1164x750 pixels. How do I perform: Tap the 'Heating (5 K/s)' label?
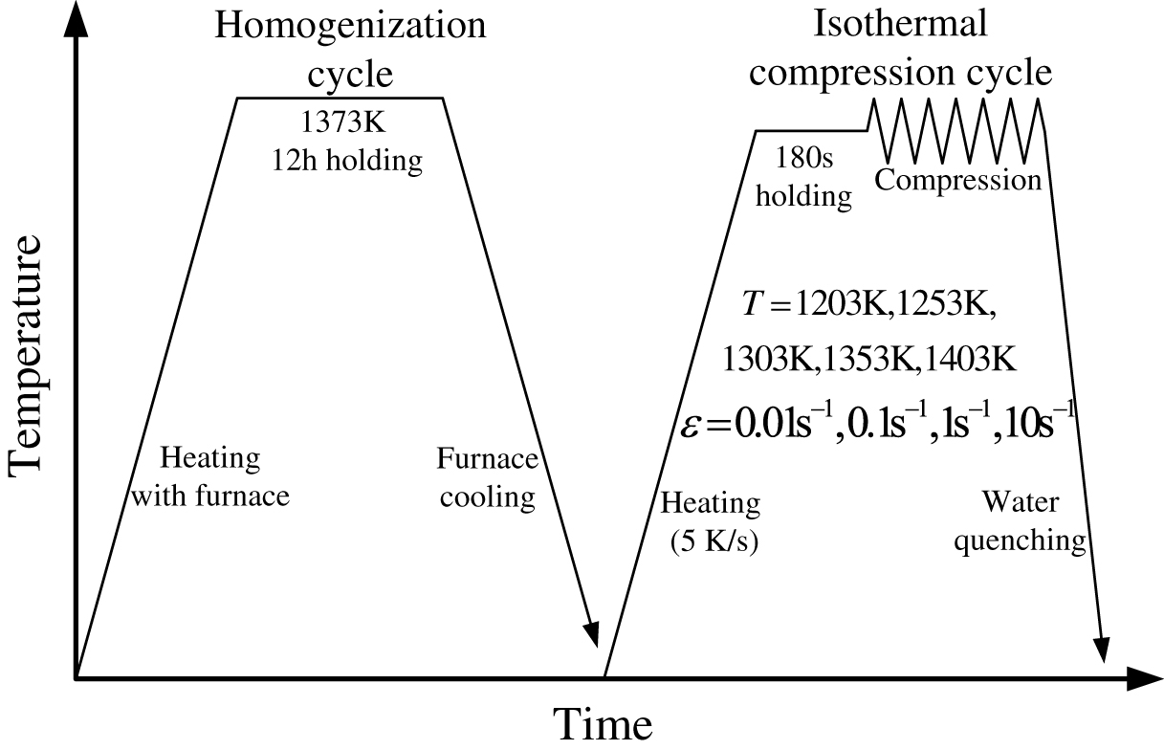click(710, 522)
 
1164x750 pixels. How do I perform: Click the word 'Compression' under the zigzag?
click(958, 180)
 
